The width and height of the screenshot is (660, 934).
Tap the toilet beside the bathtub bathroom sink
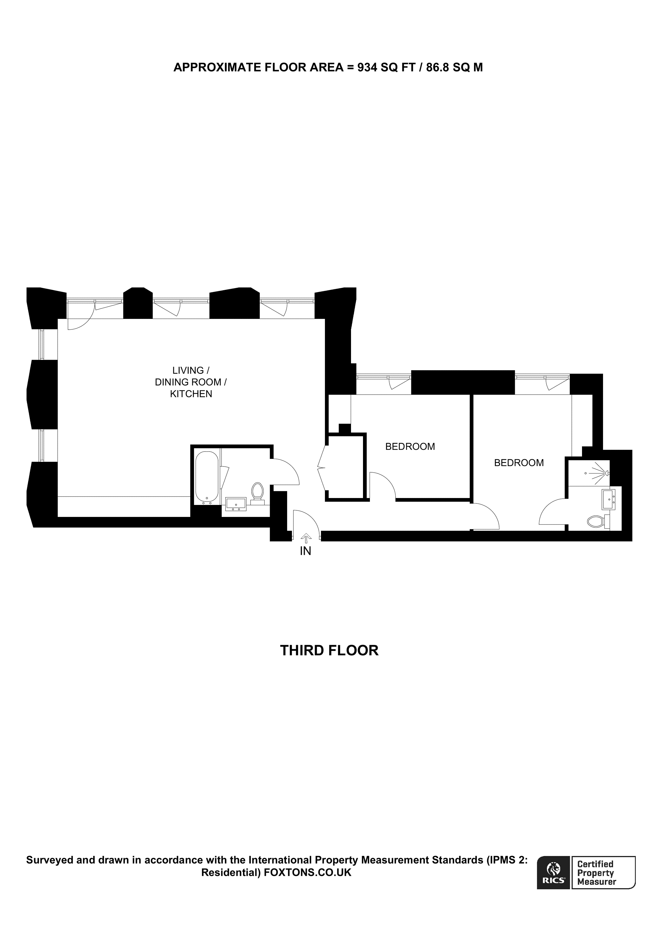pyautogui.click(x=257, y=492)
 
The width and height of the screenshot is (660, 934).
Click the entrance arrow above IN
pyautogui.click(x=306, y=539)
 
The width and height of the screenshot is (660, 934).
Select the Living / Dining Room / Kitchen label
pyautogui.click(x=191, y=382)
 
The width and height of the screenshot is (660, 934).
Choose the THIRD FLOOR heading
pyautogui.click(x=329, y=650)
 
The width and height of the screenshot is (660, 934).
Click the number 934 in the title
pyautogui.click(x=367, y=68)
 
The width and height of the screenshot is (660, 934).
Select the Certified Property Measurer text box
pyautogui.click(x=603, y=878)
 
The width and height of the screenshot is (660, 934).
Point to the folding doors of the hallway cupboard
pyautogui.click(x=322, y=468)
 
